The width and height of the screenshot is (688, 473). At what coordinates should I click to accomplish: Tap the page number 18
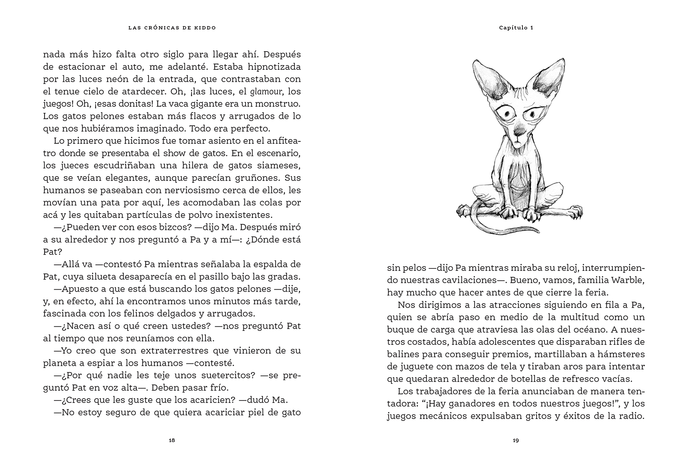172,440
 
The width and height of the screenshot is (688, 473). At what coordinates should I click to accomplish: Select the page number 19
516,440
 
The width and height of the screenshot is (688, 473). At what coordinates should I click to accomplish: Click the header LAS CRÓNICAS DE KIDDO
172,28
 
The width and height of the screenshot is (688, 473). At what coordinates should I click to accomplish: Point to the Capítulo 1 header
516,28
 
